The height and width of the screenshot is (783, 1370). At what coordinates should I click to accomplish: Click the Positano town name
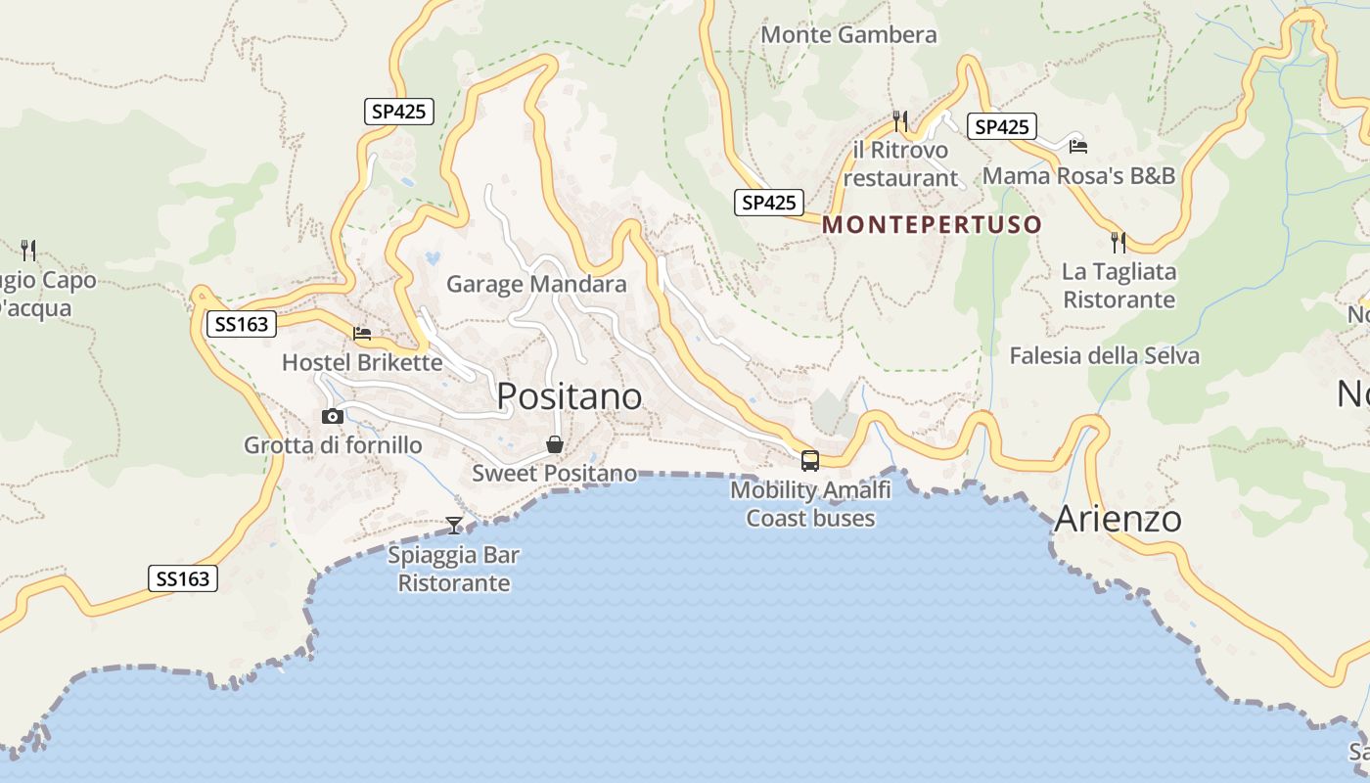pos(570,396)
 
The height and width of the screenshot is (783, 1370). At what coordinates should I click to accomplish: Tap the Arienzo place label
pos(1118,519)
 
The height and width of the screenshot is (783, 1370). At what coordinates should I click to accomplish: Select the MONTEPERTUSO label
pos(932,224)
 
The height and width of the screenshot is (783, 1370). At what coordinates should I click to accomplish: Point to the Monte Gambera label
pos(848,35)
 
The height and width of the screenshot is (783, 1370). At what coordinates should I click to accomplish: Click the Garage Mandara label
pos(536,285)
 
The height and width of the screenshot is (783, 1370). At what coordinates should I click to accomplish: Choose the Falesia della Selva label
pos(1104,355)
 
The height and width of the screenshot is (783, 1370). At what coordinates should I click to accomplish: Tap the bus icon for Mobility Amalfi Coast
pos(809,460)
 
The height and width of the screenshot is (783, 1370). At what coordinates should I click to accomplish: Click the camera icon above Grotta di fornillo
pos(333,416)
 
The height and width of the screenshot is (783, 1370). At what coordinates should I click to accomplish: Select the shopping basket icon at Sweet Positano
pos(555,445)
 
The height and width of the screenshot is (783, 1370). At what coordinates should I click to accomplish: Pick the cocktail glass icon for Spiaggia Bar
pos(454,526)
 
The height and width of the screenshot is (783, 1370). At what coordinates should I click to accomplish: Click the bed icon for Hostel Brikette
pos(362,334)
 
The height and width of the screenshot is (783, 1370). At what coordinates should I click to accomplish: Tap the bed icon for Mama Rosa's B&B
pos(1078,147)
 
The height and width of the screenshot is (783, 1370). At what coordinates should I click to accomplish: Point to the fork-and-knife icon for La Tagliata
pos(1119,242)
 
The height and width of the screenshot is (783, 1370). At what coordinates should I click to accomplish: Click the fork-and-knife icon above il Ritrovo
pos(900,121)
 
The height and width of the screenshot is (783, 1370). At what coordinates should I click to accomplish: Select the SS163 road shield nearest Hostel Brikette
pos(242,324)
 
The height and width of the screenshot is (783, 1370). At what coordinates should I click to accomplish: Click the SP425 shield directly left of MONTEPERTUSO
pos(768,203)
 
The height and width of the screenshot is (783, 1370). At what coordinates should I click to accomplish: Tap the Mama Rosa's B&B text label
pos(1078,176)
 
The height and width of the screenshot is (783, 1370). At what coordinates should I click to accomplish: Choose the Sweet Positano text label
pos(554,474)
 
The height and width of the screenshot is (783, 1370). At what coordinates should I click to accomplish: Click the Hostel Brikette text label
pos(362,362)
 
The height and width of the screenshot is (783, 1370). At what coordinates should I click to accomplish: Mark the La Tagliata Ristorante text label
pos(1119,285)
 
